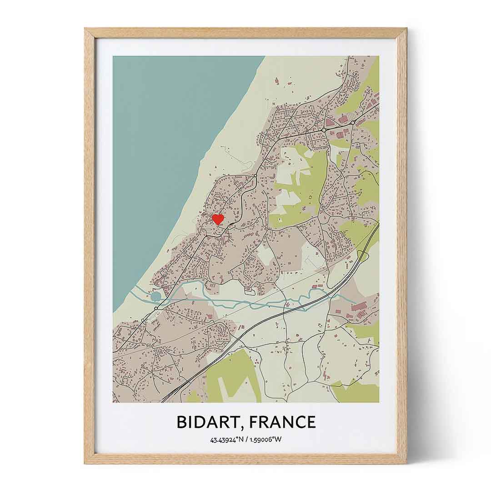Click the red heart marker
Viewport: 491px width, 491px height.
pyautogui.click(x=218, y=220)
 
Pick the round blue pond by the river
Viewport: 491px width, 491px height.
pyautogui.click(x=156, y=296)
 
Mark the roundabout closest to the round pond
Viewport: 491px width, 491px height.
pyautogui.click(x=156, y=308)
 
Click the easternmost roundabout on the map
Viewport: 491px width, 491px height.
pyautogui.click(x=352, y=123)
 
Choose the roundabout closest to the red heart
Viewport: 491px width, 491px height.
pyautogui.click(x=255, y=175)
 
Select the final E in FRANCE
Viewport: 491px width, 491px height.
pyautogui.click(x=311, y=422)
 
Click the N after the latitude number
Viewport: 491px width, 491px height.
pyautogui.click(x=242, y=440)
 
